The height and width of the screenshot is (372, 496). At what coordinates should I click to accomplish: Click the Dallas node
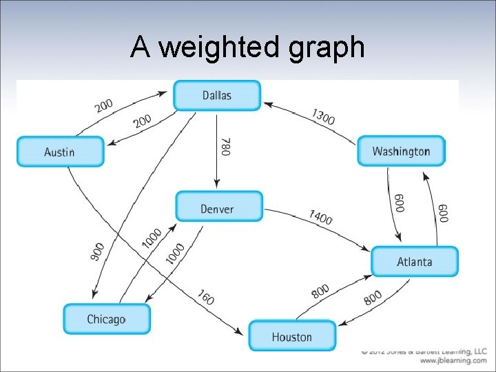(x=217, y=96)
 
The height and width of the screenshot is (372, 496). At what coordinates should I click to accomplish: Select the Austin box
(x=60, y=152)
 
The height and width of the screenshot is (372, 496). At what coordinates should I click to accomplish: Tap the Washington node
(x=401, y=151)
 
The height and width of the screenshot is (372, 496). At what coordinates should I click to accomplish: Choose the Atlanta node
(x=415, y=262)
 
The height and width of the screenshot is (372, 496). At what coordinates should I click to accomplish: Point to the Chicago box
(x=106, y=319)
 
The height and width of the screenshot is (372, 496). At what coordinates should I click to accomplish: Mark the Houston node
(x=292, y=336)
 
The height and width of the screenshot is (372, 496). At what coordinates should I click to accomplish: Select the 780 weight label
(x=226, y=146)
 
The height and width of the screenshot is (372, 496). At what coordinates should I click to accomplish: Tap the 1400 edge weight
(x=320, y=218)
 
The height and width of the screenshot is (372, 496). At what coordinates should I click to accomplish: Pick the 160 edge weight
(x=206, y=298)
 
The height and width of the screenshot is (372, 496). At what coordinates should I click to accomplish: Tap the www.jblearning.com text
(x=453, y=360)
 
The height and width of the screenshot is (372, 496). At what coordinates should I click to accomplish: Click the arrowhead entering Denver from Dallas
(x=217, y=185)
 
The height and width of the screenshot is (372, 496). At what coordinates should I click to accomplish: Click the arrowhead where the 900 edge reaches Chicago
(x=93, y=298)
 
